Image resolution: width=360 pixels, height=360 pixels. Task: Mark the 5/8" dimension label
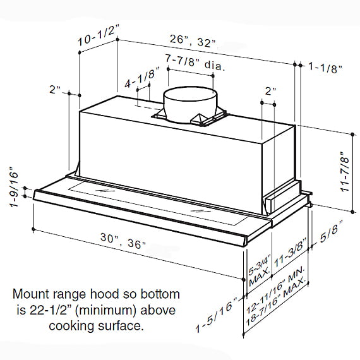[x=331, y=234]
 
